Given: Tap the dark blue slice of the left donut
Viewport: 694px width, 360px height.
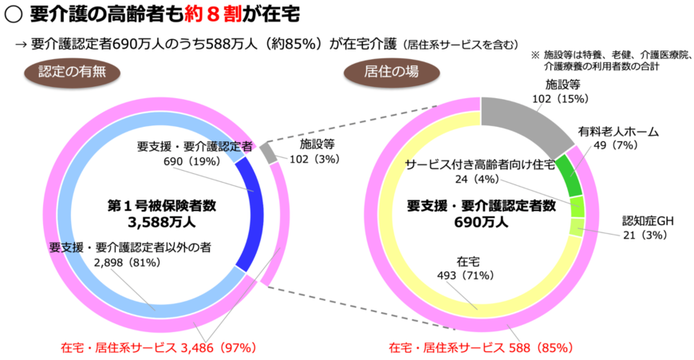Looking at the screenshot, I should [x=254, y=212].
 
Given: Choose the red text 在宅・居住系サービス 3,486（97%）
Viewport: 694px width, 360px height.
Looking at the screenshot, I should [x=157, y=348].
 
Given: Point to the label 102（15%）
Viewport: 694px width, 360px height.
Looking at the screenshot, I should [x=562, y=98].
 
